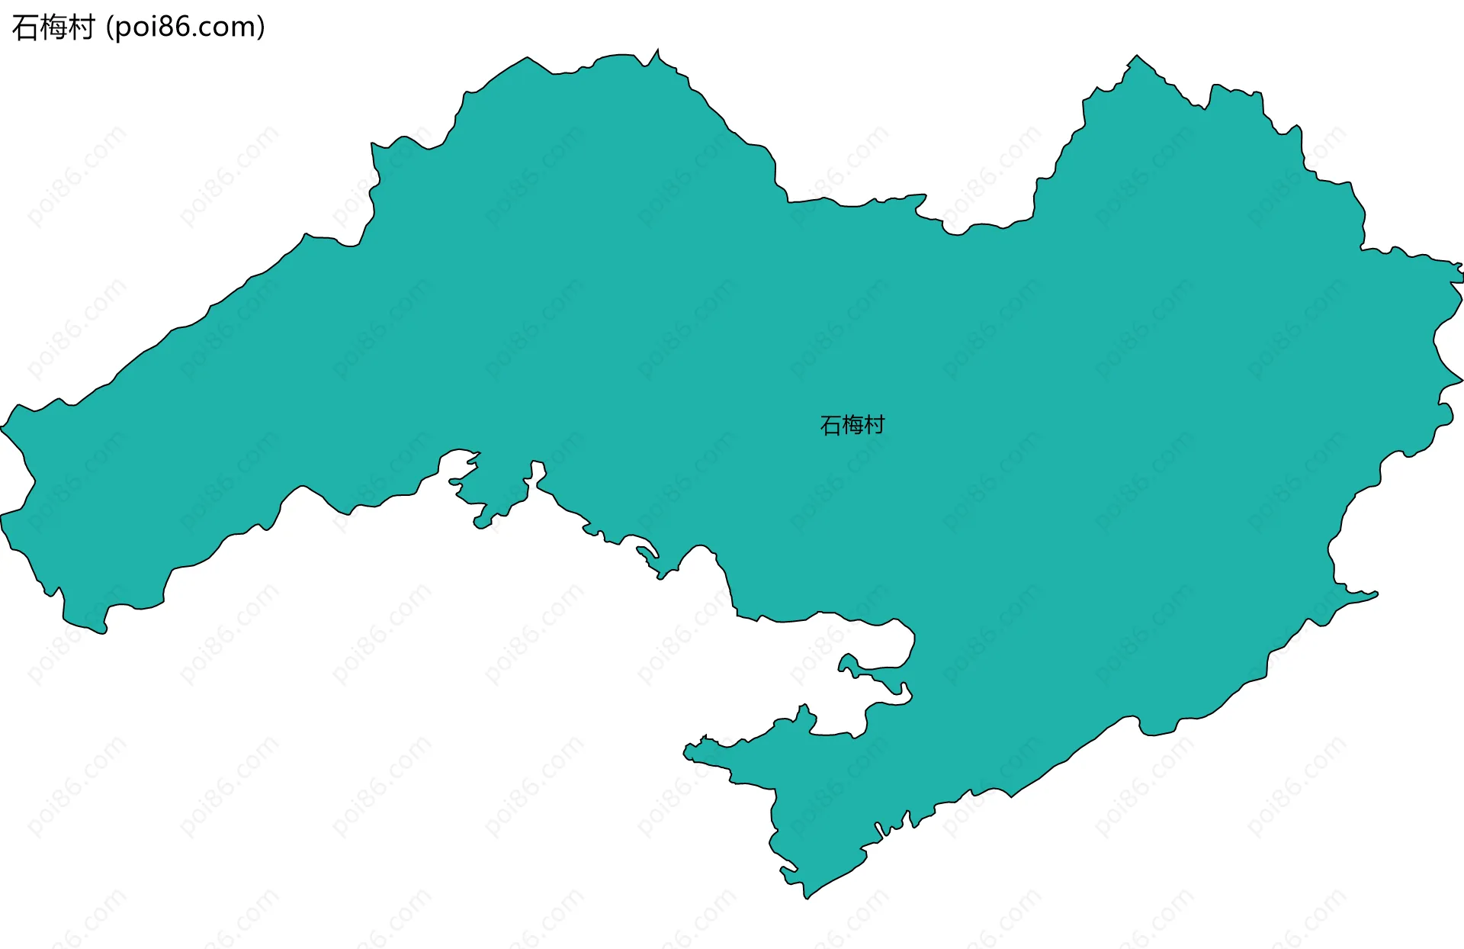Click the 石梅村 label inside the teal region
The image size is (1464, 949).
(852, 425)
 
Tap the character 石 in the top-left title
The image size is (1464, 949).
(25, 27)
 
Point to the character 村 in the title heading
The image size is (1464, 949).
(81, 27)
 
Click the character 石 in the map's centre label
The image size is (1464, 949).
(830, 425)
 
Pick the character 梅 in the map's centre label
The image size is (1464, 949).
(852, 425)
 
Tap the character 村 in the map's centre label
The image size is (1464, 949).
(874, 425)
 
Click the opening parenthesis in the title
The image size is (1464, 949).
(110, 27)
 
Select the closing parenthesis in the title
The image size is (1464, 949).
(262, 27)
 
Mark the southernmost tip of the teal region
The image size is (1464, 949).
(807, 898)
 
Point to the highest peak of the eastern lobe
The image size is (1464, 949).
(1136, 56)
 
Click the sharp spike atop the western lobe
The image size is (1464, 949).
(657, 50)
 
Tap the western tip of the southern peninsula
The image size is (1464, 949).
(684, 753)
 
